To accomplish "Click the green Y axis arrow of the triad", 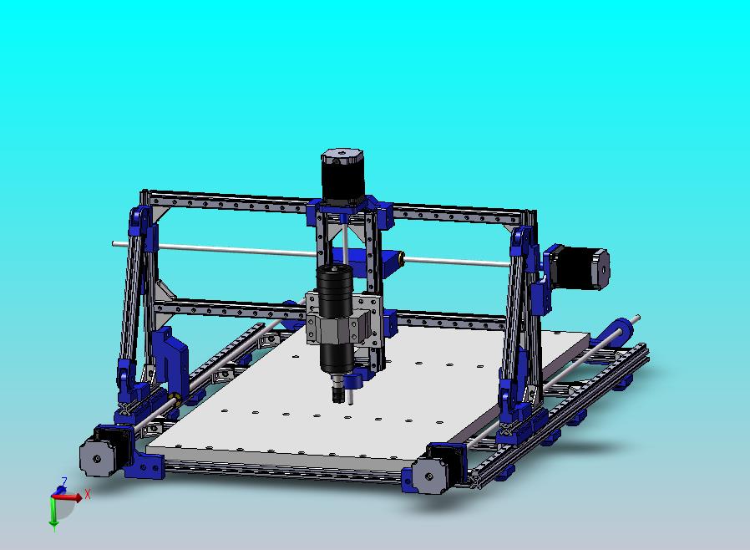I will tap(53, 514).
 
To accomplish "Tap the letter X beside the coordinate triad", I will tap(87, 494).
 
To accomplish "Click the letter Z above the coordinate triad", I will tap(62, 482).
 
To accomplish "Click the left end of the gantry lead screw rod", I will tap(116, 244).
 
